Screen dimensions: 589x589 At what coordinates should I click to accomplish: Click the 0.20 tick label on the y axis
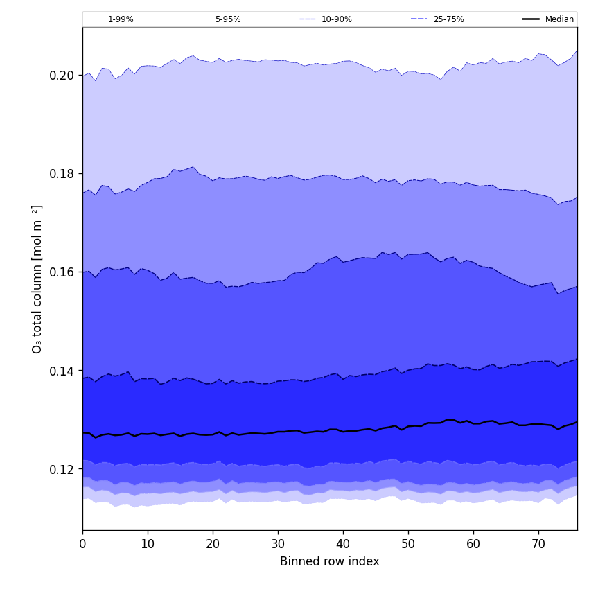62,75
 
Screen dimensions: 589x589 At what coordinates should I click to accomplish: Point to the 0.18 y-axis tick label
62,173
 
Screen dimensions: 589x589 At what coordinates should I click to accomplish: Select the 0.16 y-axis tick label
62,272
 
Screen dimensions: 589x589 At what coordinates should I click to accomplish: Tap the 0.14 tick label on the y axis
62,371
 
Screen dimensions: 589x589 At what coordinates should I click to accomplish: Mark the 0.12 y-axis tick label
62,469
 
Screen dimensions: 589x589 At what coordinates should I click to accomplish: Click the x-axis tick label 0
82,545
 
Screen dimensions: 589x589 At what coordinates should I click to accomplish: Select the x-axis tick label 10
148,545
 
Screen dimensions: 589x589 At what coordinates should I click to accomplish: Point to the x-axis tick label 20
213,545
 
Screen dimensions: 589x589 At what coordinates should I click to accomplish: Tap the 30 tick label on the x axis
278,545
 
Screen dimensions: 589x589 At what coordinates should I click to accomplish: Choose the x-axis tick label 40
343,545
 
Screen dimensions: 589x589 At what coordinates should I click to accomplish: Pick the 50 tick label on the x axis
408,545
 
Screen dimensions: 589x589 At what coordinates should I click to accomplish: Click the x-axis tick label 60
473,545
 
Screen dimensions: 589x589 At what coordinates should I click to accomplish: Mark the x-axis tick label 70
538,545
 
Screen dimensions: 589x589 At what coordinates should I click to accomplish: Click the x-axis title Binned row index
330,561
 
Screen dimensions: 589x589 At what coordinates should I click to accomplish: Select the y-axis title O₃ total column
37,279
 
